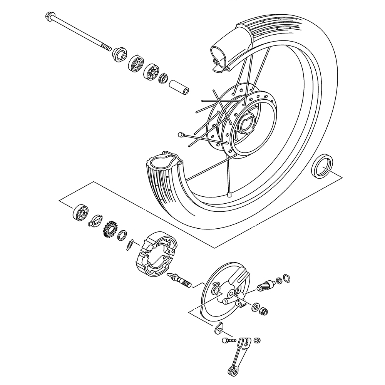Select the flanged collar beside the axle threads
(119, 54)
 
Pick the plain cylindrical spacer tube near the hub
(179, 86)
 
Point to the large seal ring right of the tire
(322, 166)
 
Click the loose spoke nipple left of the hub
(180, 134)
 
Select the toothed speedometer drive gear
(110, 229)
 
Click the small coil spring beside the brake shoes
(131, 245)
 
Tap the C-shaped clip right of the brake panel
(285, 278)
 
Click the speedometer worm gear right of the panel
(266, 285)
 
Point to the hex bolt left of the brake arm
(228, 340)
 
